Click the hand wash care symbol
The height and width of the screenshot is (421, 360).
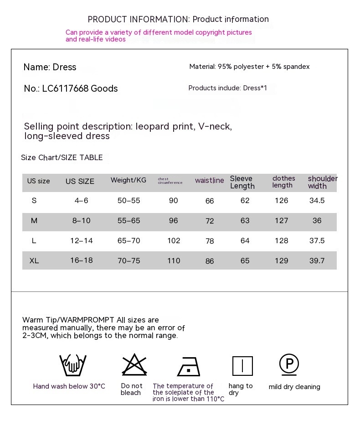pyautogui.click(x=73, y=365)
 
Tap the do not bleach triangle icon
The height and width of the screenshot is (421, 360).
pyautogui.click(x=134, y=364)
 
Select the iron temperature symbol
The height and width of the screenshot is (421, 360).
pyautogui.click(x=189, y=366)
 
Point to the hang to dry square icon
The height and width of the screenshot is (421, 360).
pyautogui.click(x=242, y=366)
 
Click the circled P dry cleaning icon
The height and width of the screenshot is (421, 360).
pyautogui.click(x=289, y=364)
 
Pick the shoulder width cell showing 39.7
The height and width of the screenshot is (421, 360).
pyautogui.click(x=317, y=260)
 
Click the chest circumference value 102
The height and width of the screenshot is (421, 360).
pyautogui.click(x=174, y=241)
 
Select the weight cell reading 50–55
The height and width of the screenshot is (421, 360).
pyautogui.click(x=129, y=201)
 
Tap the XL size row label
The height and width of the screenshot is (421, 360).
pyautogui.click(x=34, y=260)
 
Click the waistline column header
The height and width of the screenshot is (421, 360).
pyautogui.click(x=210, y=181)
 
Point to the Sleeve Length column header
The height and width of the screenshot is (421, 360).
pyautogui.click(x=242, y=182)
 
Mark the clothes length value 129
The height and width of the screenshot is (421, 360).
pyautogui.click(x=281, y=260)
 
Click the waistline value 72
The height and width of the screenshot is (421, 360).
pyautogui.click(x=210, y=221)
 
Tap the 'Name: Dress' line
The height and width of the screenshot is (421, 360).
pyautogui.click(x=50, y=67)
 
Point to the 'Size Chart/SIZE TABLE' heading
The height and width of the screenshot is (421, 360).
pyautogui.click(x=62, y=157)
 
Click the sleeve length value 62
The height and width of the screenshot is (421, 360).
pyautogui.click(x=245, y=201)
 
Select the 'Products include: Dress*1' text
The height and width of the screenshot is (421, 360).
pyautogui.click(x=227, y=88)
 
